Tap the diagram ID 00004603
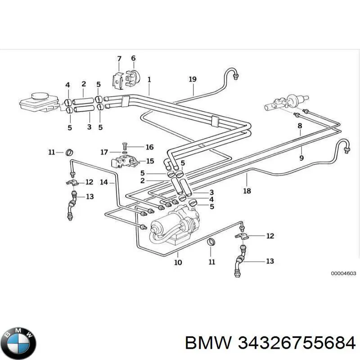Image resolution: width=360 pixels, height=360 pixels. coord(343,273)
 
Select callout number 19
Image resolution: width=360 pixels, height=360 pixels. coord(193,79)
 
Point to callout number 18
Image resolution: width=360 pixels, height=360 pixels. coord(247,191)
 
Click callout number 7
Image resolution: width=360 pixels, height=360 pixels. coord(119,59)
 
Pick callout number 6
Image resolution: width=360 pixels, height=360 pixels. coord(133,58)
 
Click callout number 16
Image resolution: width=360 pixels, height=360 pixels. coord(149,147)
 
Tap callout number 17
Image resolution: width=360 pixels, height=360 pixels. coord(104,152)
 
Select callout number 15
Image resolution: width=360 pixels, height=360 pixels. coord(150,161)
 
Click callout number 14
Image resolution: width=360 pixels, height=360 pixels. coord(104,182)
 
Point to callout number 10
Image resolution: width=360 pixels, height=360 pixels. coord(178,262)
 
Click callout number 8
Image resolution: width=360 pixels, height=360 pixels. coord(300,126)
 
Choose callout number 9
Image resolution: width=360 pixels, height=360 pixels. coord(301,158)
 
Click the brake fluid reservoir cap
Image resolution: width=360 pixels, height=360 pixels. coord(40,96)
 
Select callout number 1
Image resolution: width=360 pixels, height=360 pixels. coord(149,80)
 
